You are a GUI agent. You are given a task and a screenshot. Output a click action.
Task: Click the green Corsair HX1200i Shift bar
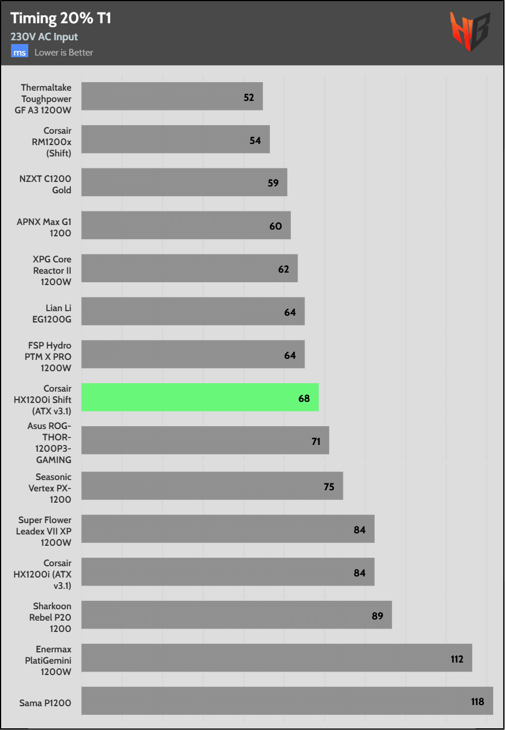[x=200, y=397]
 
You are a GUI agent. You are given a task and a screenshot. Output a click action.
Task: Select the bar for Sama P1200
[x=287, y=701]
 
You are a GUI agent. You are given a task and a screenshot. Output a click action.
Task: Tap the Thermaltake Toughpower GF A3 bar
[x=172, y=96]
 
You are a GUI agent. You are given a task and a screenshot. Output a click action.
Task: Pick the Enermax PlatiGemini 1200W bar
[x=277, y=657]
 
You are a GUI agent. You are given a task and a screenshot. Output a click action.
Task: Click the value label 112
[x=457, y=659]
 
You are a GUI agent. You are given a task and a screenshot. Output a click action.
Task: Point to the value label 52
[x=249, y=97]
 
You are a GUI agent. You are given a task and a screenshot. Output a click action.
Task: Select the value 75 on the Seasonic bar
[x=329, y=487]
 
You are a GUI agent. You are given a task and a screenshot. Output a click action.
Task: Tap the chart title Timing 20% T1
[x=61, y=18]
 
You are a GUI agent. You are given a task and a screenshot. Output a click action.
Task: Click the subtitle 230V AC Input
[x=44, y=37]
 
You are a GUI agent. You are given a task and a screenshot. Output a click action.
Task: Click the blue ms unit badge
[x=20, y=52]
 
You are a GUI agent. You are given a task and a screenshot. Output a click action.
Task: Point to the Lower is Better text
[x=63, y=53]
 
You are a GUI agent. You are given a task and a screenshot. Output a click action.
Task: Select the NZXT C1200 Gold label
[x=45, y=184]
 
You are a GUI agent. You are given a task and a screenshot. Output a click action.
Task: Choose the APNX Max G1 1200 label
[x=44, y=227]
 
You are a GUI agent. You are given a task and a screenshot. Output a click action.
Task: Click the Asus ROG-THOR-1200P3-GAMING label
[x=49, y=442]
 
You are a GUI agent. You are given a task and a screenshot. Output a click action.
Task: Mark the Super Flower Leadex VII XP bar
[x=227, y=529]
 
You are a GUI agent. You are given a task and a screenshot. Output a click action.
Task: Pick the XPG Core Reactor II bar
[x=189, y=268]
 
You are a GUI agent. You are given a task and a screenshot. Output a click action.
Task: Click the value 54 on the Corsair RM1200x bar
[x=255, y=140]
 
